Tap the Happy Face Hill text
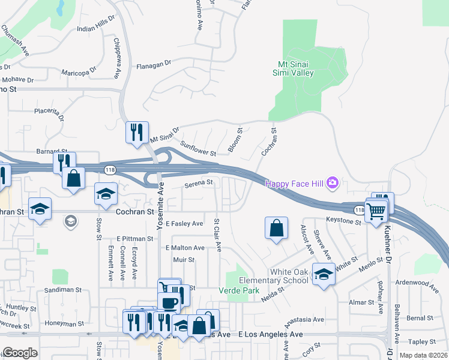pyautogui.click(x=294, y=184)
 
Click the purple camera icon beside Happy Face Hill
pyautogui.click(x=333, y=182)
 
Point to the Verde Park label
pyautogui.click(x=243, y=291)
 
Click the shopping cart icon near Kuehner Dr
pyautogui.click(x=376, y=211)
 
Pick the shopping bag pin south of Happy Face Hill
pyautogui.click(x=276, y=229)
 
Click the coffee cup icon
pyautogui.click(x=169, y=302)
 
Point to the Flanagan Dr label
pyautogui.click(x=154, y=62)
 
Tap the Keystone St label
pyautogui.click(x=344, y=221)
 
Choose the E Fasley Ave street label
pyautogui.click(x=185, y=223)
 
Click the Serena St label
pyautogui.click(x=199, y=182)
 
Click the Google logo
pyautogui.click(x=20, y=353)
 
